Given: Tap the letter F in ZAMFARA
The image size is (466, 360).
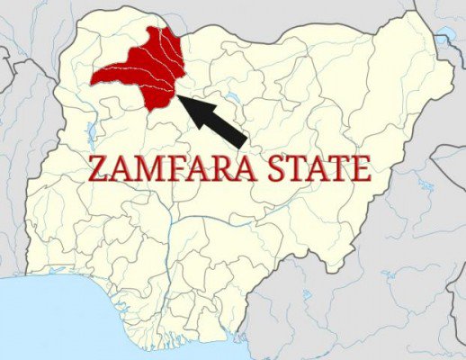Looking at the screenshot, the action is pos(167,169).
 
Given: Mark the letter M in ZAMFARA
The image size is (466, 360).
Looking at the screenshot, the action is pos(142,169).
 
